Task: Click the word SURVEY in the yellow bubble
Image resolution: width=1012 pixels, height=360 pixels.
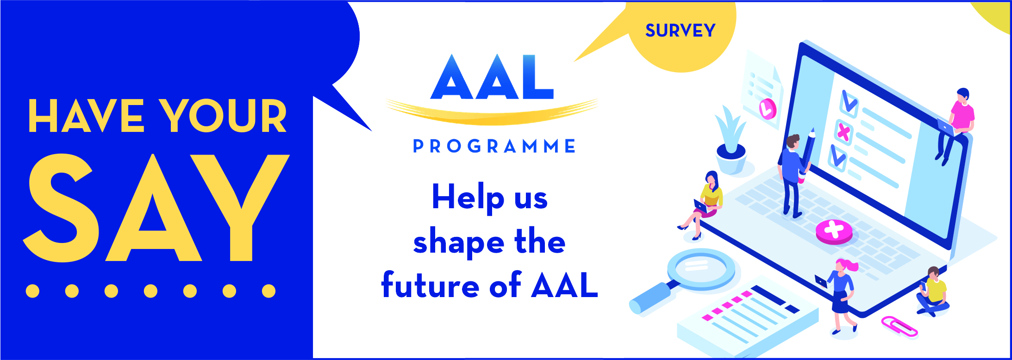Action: tap(680, 31)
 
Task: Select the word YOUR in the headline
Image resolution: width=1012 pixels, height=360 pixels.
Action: tap(223, 116)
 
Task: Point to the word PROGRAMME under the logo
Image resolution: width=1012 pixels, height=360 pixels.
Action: tap(494, 146)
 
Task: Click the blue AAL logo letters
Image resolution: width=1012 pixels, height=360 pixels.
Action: tap(492, 77)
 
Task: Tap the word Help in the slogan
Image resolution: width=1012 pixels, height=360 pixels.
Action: tap(468, 198)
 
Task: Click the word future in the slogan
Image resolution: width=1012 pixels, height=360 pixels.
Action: tap(431, 285)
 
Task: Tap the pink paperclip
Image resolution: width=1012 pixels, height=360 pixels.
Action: tap(899, 326)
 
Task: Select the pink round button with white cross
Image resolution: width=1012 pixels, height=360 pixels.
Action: tap(834, 232)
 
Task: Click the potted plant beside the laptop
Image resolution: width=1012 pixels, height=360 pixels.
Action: tap(731, 141)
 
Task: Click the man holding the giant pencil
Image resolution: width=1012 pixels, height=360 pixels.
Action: tap(794, 176)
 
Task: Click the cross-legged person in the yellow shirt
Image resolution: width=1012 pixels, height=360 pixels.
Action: tap(933, 292)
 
